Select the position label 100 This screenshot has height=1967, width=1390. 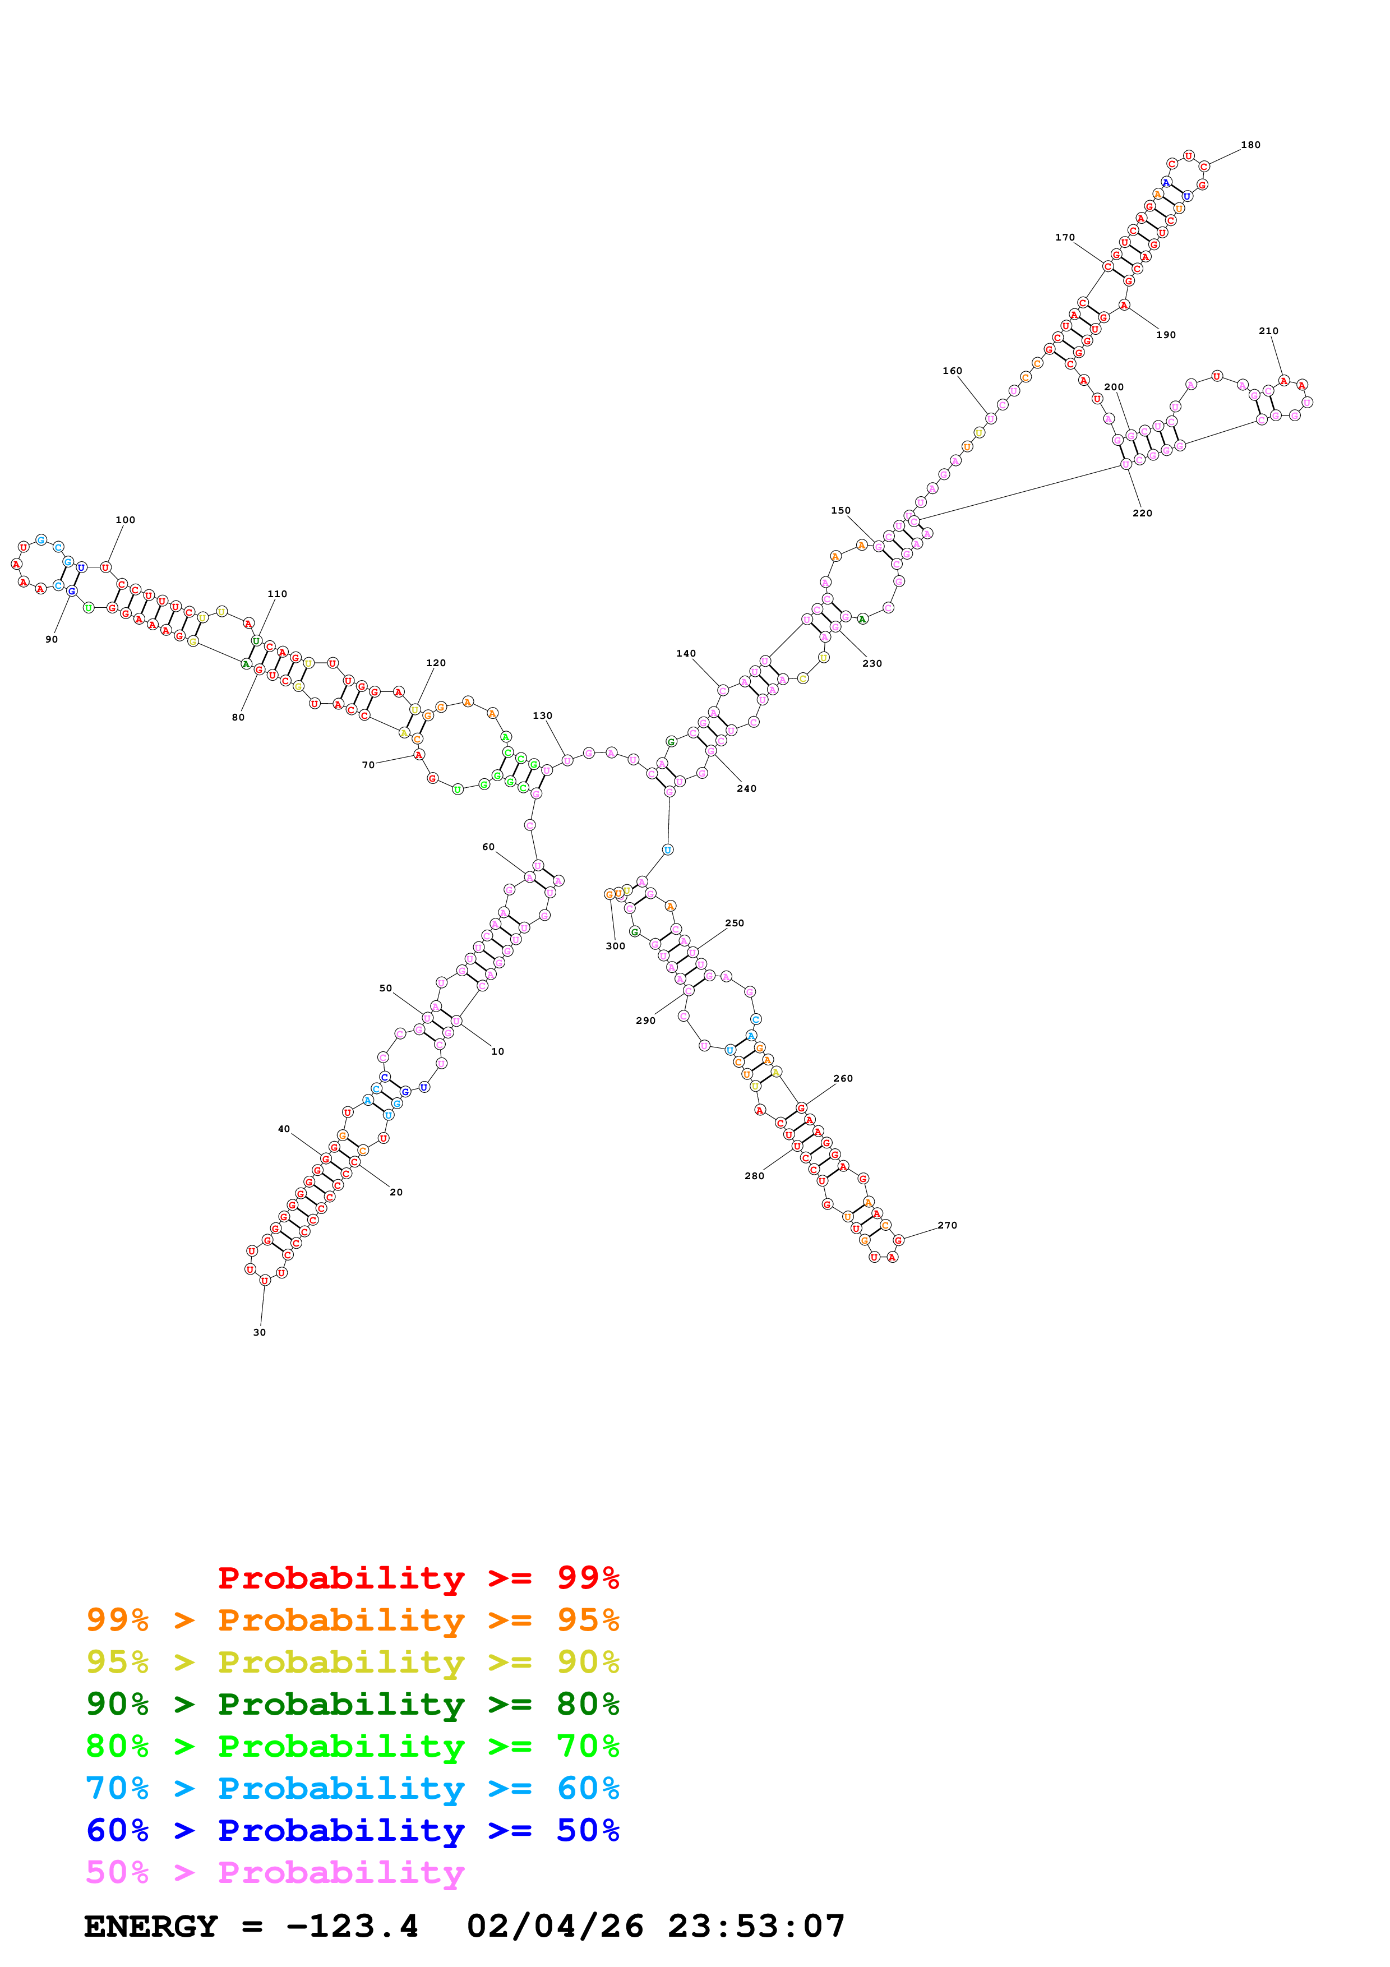pyautogui.click(x=125, y=520)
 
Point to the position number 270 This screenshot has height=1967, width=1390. pyautogui.click(x=946, y=1225)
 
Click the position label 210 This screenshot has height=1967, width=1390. pyautogui.click(x=1268, y=331)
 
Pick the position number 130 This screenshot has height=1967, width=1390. pyautogui.click(x=542, y=715)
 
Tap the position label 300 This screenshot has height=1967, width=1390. pyautogui.click(x=615, y=946)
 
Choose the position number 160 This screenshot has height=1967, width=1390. pyautogui.click(x=952, y=371)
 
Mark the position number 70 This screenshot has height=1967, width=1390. pyautogui.click(x=368, y=765)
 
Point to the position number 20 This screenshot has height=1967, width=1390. pyautogui.click(x=396, y=1192)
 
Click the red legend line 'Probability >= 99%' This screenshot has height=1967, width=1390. pyautogui.click(x=418, y=1577)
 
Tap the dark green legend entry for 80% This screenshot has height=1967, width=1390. pyautogui.click(x=352, y=1704)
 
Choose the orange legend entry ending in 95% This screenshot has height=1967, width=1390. pyautogui.click(x=352, y=1620)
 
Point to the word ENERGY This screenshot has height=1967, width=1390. pyautogui.click(x=151, y=1927)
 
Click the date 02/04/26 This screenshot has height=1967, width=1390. pyautogui.click(x=555, y=1927)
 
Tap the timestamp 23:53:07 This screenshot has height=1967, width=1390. pyautogui.click(x=756, y=1927)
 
